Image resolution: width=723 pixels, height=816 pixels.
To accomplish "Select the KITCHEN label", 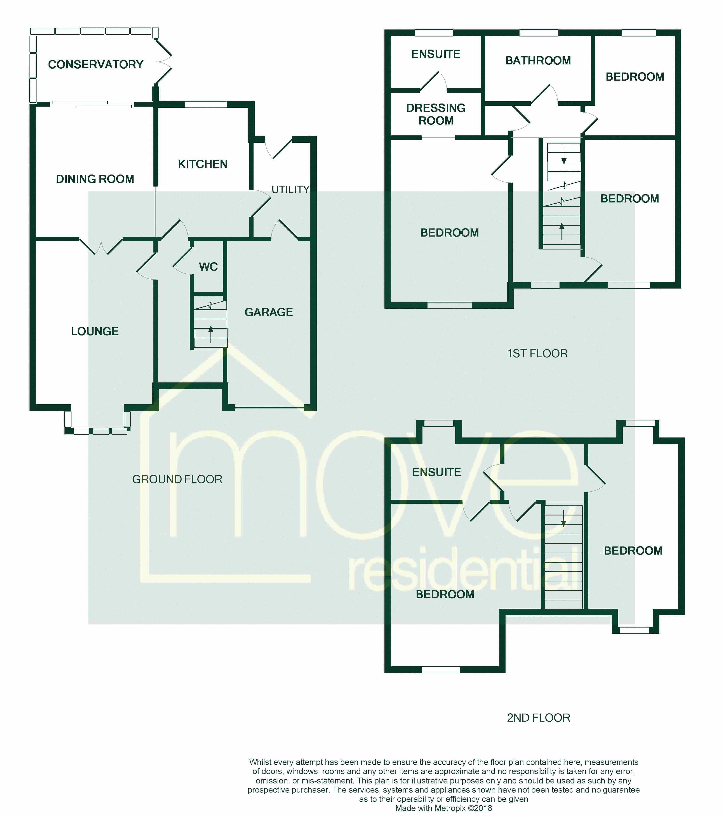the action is tap(203, 164).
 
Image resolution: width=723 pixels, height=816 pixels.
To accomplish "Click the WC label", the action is tap(208, 267).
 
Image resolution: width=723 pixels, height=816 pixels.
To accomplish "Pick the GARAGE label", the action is tap(268, 312).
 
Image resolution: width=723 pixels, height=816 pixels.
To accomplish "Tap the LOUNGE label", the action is tap(95, 331).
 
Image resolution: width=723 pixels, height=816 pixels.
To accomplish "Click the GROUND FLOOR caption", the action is tap(177, 479).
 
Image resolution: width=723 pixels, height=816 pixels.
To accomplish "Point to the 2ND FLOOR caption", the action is tap(538, 717).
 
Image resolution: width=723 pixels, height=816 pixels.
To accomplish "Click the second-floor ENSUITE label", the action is tap(436, 472).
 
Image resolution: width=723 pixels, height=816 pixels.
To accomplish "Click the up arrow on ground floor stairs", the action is tap(210, 330).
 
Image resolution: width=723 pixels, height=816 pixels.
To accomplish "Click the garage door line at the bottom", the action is tap(270, 408).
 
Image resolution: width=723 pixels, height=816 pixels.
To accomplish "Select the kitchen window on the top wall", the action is tap(206, 105).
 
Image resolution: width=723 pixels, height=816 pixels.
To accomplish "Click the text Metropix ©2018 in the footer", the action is tap(463, 808).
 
